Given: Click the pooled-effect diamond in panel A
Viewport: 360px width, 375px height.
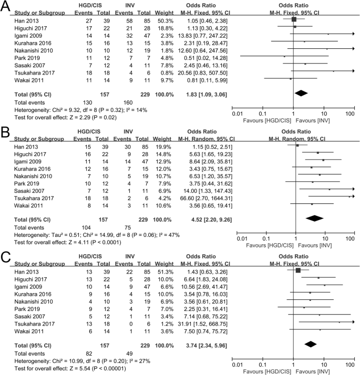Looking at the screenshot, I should pyautogui.click(x=301, y=93).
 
